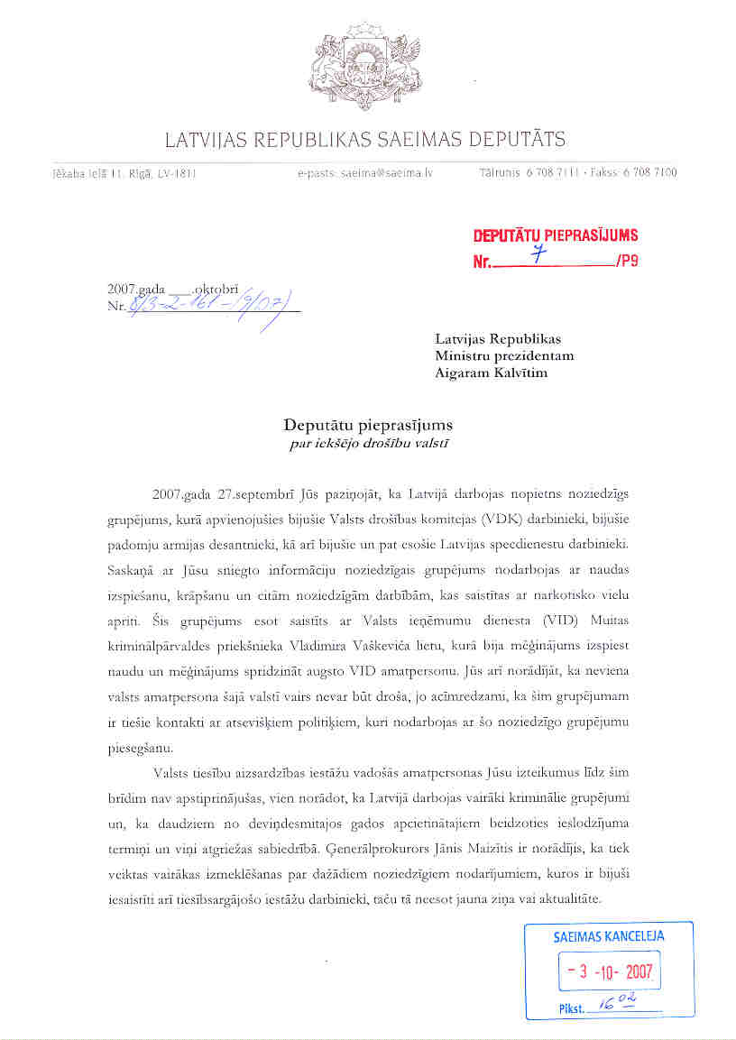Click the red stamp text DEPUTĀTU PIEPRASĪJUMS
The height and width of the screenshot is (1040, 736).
pos(556,236)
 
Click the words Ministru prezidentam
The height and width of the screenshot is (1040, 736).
pos(504,355)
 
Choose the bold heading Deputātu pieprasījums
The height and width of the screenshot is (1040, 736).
pos(368,424)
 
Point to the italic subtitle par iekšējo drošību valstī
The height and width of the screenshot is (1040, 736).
pos(368,442)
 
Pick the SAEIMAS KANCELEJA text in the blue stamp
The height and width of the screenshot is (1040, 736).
pos(609,936)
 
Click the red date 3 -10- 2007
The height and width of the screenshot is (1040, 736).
pos(610,972)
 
